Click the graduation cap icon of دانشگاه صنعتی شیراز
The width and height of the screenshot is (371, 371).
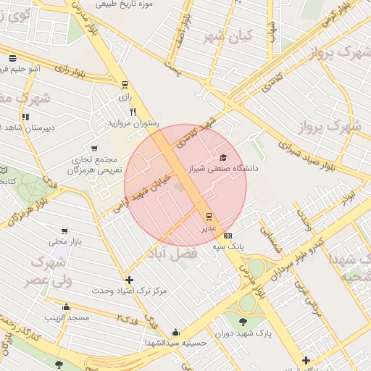[x=223, y=158]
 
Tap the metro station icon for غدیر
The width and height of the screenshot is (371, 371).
[x=209, y=216]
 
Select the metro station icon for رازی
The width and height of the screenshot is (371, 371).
[x=125, y=84]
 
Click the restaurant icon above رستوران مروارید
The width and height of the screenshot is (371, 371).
[x=133, y=112]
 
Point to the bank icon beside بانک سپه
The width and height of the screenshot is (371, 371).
[x=228, y=236]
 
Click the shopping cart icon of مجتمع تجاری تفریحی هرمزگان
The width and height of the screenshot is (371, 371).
[x=94, y=149]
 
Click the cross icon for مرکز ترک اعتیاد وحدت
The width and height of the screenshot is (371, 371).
[x=129, y=280]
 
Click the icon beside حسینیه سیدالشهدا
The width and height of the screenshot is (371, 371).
[x=175, y=333]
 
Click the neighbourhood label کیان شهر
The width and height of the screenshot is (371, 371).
[x=227, y=35]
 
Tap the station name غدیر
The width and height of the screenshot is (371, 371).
[x=208, y=228]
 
